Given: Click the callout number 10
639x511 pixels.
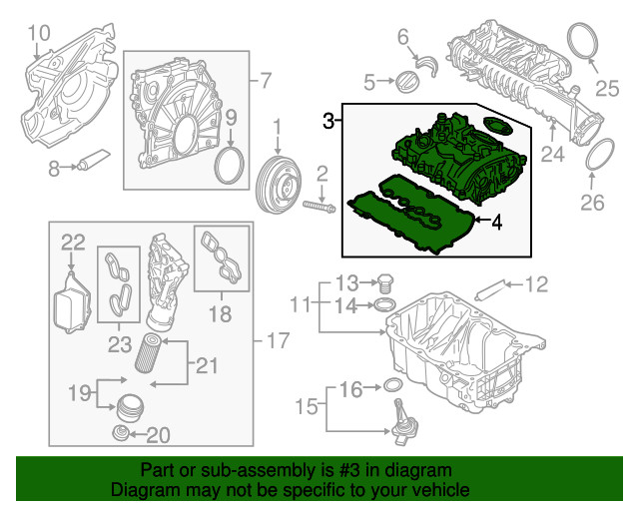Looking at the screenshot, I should pos(37,39).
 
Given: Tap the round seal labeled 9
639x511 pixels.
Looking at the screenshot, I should pos(230,166).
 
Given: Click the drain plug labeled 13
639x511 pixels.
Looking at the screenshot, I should pos(389,282).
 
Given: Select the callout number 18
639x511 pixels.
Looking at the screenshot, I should pos(219,315).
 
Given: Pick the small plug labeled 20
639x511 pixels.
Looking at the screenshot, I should pos(121,434).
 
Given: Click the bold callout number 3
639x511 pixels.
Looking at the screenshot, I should pos(329,122).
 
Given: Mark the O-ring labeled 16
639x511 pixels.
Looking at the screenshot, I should pos(393,386).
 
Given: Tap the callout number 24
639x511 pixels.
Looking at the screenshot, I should pos(553,154).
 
